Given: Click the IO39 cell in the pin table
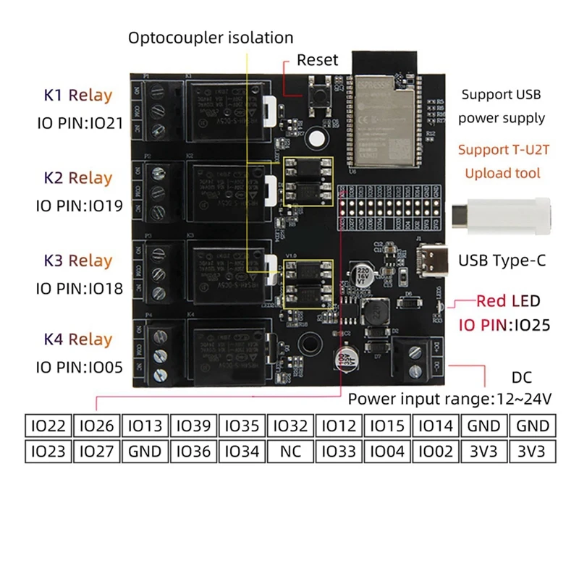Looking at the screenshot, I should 193,426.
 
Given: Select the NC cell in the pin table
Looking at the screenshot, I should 289,452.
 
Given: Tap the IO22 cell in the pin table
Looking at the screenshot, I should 48,426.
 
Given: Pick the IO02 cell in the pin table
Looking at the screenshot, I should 436,452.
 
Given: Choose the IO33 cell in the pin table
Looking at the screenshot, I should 339,452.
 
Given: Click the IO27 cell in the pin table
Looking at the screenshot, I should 96,452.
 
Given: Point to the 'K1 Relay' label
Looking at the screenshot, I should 78,95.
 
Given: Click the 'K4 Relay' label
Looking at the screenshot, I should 78,339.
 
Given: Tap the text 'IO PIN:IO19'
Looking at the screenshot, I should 78,206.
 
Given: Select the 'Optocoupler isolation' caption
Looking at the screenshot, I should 211,38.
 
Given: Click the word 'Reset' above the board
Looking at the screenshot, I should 317,59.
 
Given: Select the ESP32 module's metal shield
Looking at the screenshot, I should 381,123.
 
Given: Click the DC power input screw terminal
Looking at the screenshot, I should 417,360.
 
